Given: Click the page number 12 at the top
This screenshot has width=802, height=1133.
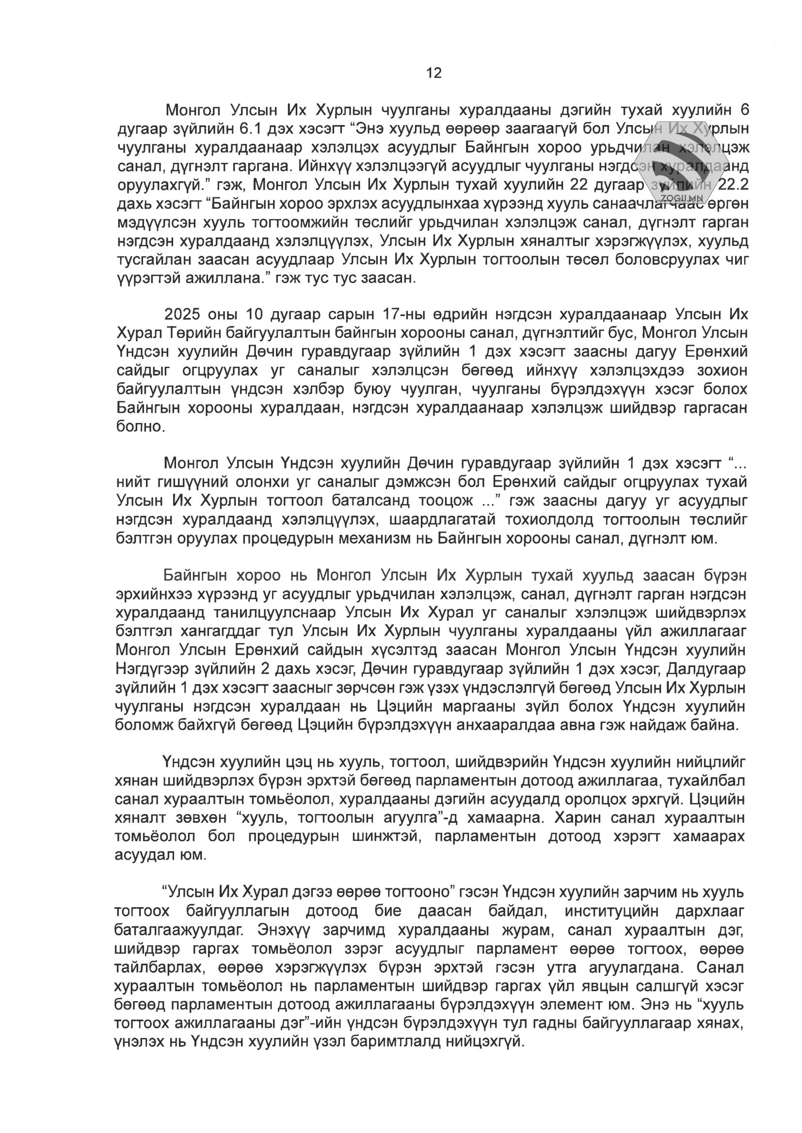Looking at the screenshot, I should point(433,73).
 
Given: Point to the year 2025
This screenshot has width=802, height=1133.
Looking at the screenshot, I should point(184,314).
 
